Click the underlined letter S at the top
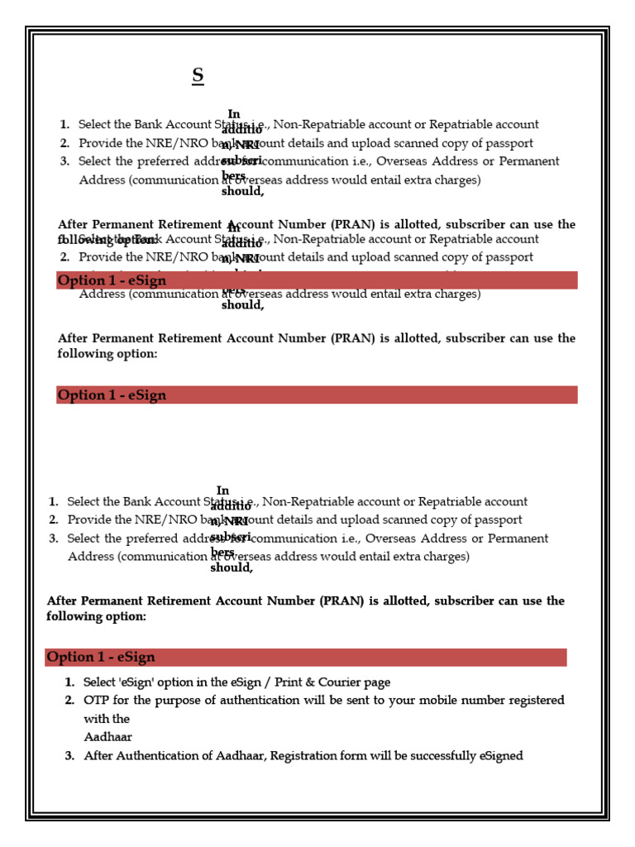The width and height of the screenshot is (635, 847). [x=198, y=75]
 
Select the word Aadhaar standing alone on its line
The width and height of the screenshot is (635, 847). [x=107, y=737]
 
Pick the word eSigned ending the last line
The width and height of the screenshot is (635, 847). [x=501, y=756]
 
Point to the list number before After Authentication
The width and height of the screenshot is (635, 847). [x=69, y=756]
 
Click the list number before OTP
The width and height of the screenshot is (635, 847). [x=69, y=701]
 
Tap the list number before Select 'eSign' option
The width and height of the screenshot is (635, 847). [x=69, y=682]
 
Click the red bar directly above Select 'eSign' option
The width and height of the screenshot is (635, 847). [x=306, y=658]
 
